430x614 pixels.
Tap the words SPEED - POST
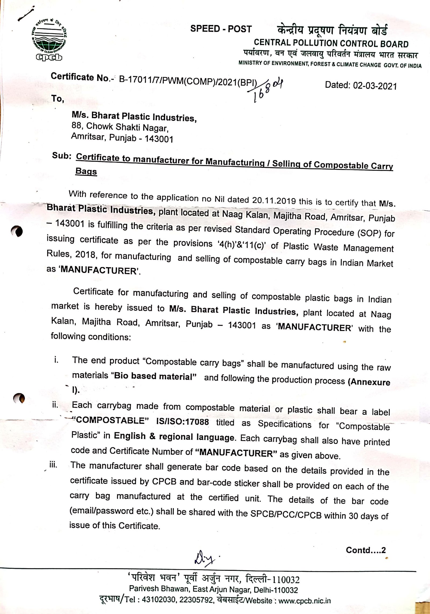coord(221,29)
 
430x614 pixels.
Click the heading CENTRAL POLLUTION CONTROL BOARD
coord(331,43)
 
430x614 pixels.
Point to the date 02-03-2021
coord(375,86)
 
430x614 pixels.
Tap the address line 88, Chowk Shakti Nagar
coord(120,127)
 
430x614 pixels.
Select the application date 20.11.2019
coord(274,200)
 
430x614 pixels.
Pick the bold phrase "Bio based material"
coord(153,376)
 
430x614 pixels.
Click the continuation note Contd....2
coord(365,550)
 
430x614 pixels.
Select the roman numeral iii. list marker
coord(53,465)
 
